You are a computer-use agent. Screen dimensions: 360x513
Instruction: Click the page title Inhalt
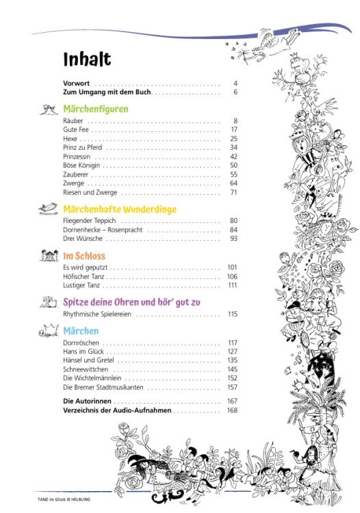pos(87,60)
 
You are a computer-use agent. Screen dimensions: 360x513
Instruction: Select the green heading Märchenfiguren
pos(95,109)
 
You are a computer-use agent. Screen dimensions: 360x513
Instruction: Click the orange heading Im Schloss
pos(84,256)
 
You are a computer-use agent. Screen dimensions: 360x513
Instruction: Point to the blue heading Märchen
pos(81,331)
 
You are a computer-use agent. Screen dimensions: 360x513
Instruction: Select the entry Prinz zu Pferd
pos(82,147)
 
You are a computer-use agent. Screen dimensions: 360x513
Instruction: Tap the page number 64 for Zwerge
pos(233,183)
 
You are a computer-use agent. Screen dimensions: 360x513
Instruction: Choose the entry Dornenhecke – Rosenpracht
pos(102,230)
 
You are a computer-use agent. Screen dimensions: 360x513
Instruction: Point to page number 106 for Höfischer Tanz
pos(232,276)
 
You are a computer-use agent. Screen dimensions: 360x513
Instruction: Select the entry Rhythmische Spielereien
pos(97,314)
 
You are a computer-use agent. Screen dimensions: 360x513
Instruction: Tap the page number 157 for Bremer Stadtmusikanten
pos(232,387)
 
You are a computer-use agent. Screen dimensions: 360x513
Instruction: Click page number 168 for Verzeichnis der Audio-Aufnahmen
pos(232,410)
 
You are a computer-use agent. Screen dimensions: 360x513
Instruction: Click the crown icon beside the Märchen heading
pos(48,331)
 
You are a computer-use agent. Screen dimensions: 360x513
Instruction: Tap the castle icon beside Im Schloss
pos(48,256)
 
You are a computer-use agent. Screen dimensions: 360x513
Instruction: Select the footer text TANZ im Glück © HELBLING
pos(64,499)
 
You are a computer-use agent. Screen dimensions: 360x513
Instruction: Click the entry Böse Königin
pos(81,166)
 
